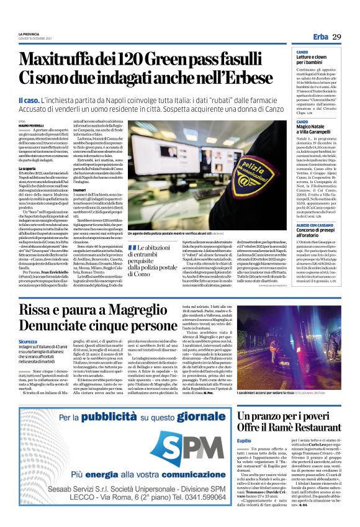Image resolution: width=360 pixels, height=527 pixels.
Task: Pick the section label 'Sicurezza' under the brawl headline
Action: coord(28,342)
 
